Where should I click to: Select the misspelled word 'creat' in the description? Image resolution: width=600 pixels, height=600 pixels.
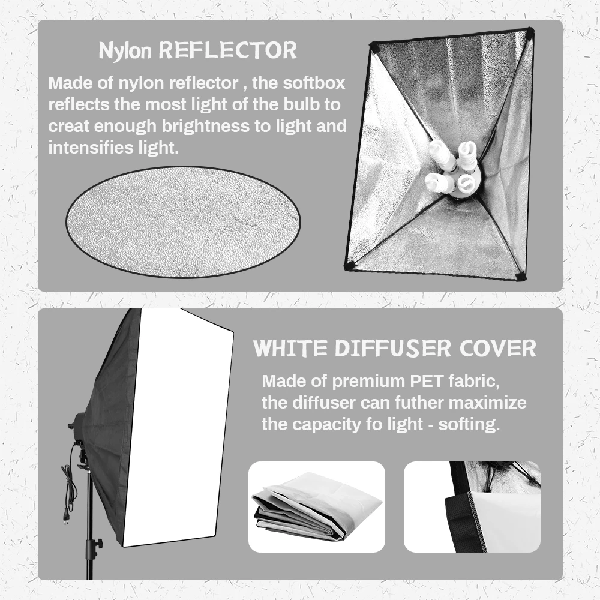coord(65,127)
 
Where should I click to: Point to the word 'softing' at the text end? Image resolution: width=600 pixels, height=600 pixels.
coord(469,424)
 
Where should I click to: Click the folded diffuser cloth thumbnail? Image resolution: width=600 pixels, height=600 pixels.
coord(316,507)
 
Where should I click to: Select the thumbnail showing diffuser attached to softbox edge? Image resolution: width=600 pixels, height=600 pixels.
coord(472,507)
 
